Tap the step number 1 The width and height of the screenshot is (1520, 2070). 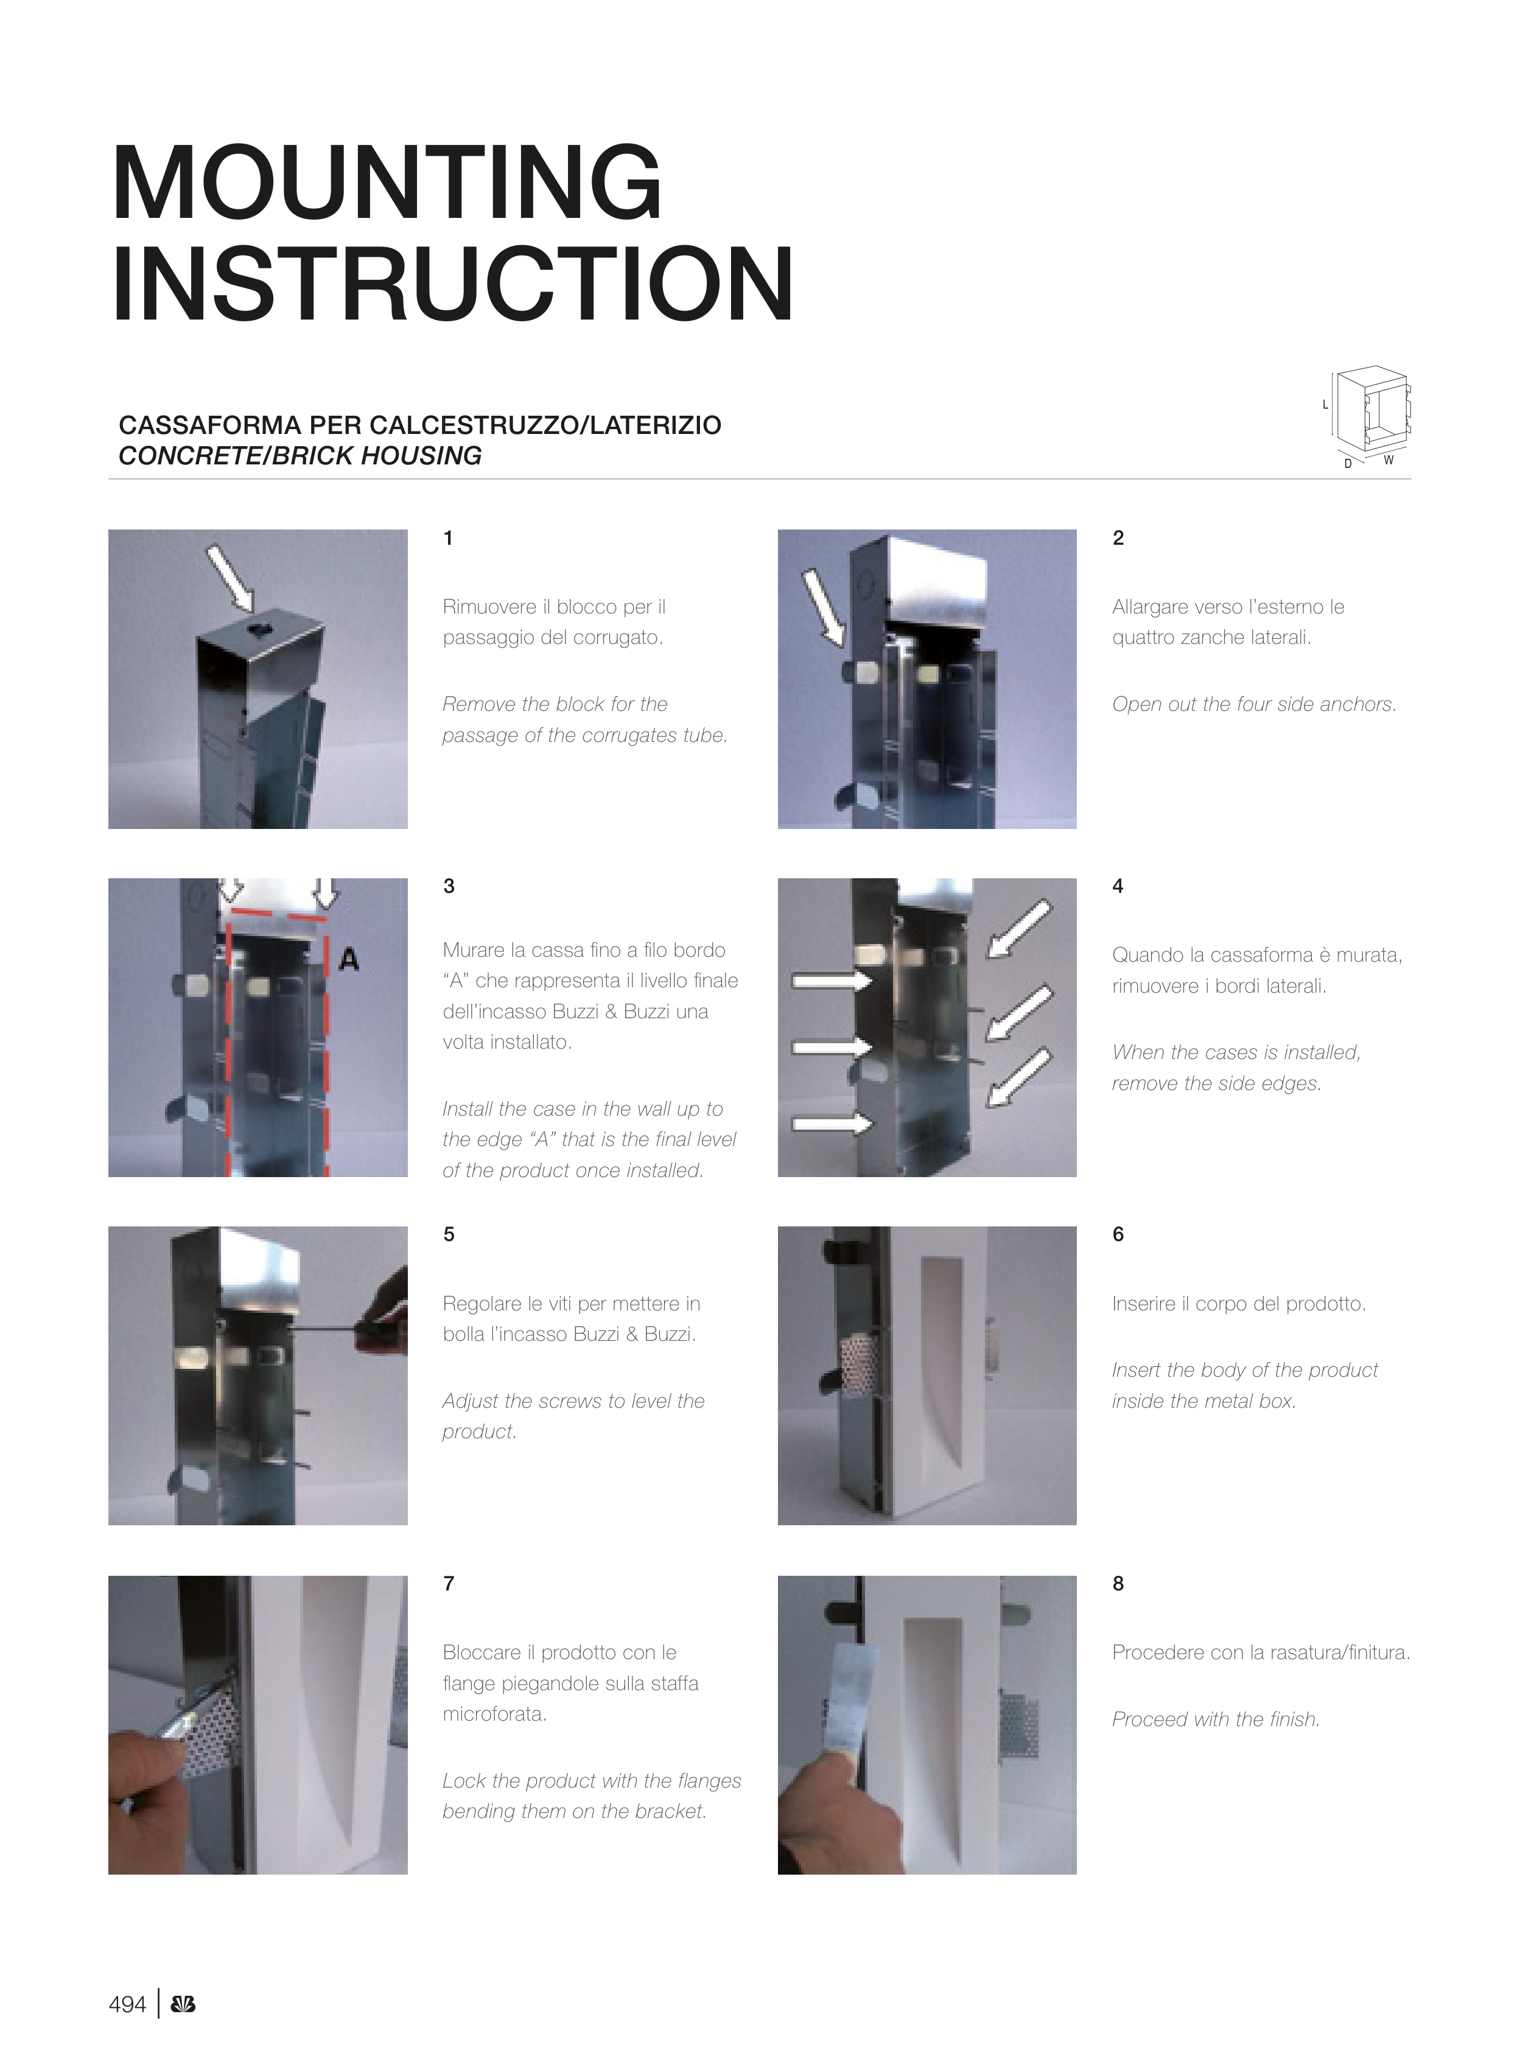coord(448,538)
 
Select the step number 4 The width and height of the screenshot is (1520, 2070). coord(1118,886)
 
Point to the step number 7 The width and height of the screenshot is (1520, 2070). coord(449,1583)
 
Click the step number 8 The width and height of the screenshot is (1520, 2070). coord(1118,1583)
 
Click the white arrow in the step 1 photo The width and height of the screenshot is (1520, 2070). coord(230,578)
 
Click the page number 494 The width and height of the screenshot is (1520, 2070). coord(127,2005)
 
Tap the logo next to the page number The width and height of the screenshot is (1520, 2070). coord(183,2005)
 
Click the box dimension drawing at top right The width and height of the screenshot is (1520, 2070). coord(1367,416)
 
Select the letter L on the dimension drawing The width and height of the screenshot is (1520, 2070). coord(1326,405)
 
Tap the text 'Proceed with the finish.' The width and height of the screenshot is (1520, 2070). coord(1216,1719)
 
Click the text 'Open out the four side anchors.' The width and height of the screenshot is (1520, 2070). coord(1254,705)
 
